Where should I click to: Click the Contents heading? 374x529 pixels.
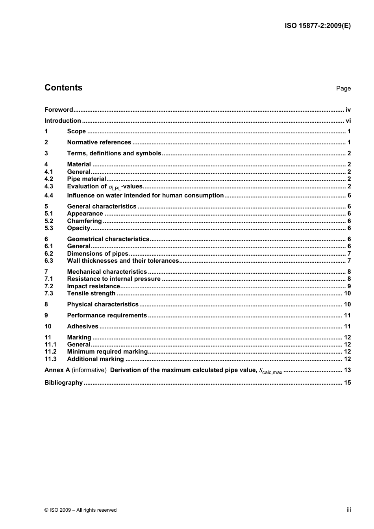[63, 88]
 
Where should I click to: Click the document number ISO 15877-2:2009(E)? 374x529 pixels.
[317, 26]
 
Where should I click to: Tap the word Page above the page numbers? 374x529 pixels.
[343, 88]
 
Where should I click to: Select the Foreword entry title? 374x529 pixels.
[59, 110]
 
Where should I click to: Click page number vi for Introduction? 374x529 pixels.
[348, 121]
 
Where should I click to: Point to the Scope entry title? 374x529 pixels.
[76, 131]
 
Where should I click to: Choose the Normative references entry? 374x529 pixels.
[99, 142]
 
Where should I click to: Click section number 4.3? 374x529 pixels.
[49, 186]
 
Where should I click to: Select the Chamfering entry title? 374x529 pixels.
[84, 221]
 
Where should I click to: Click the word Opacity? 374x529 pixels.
[78, 228]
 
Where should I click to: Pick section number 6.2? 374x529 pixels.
[49, 254]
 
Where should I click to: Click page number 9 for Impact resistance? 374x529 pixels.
[349, 286]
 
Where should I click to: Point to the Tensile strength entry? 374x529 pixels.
[91, 293]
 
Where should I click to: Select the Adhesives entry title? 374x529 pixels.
[83, 326]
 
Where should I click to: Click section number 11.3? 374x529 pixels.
[50, 359]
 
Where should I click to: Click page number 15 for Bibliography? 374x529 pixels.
[347, 383]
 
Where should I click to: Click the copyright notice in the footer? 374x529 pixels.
[81, 510]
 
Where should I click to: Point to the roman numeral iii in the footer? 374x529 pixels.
[349, 510]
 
